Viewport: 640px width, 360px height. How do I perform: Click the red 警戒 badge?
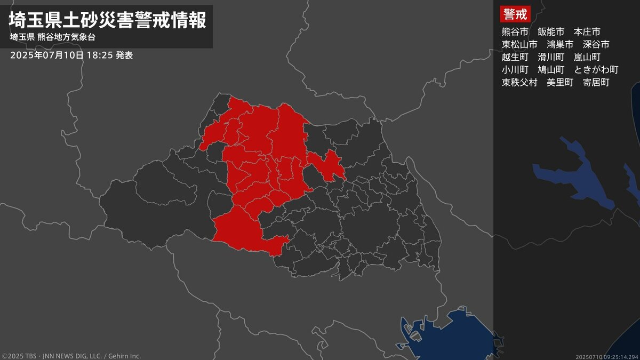tap(515, 14)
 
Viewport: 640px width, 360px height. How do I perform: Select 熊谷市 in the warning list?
tap(515, 31)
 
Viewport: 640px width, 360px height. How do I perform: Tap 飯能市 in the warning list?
tap(551, 31)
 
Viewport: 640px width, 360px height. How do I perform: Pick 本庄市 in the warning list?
tap(587, 31)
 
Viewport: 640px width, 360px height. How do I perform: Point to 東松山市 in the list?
tap(519, 44)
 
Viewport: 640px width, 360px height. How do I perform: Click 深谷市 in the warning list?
tap(596, 44)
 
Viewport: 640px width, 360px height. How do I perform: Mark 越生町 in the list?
tap(515, 57)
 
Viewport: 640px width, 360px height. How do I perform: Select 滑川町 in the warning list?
tap(551, 57)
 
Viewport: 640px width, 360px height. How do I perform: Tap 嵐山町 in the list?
tap(587, 57)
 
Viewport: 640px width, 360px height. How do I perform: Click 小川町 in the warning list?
tap(515, 70)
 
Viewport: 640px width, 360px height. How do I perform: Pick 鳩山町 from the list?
tap(551, 70)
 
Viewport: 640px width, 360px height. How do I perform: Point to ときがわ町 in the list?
tap(596, 70)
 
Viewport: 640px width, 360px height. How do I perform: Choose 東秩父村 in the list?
tap(519, 83)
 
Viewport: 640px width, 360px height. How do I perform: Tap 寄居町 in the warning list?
tap(596, 83)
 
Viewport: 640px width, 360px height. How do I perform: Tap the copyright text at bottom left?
tap(71, 356)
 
